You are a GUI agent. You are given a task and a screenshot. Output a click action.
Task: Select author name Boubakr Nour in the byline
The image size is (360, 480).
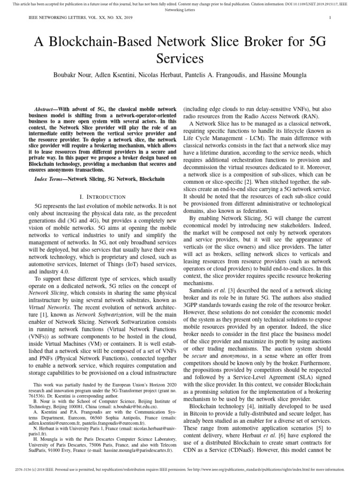click(x=69, y=75)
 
